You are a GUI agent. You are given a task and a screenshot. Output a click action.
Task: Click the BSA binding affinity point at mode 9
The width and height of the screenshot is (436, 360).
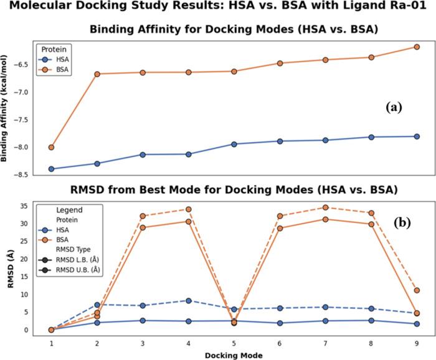pyautogui.click(x=417, y=47)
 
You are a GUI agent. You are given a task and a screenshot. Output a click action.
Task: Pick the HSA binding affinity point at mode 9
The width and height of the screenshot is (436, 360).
pyautogui.click(x=417, y=136)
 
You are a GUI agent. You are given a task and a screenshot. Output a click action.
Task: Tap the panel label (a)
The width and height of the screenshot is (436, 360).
pyautogui.click(x=394, y=107)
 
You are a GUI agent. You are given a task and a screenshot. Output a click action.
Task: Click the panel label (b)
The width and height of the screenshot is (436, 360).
pyautogui.click(x=394, y=219)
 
